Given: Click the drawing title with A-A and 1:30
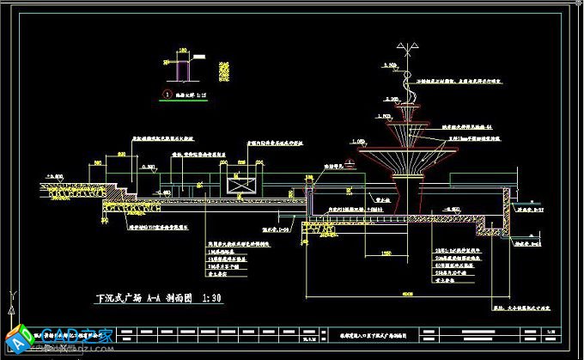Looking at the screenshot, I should [x=160, y=299].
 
